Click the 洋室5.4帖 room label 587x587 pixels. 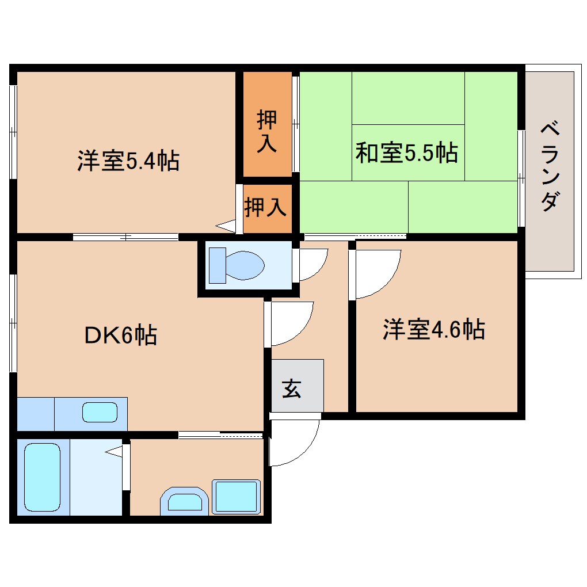pyautogui.click(x=128, y=161)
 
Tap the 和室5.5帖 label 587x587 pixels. pyautogui.click(x=406, y=153)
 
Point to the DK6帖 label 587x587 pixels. pyautogui.click(x=121, y=335)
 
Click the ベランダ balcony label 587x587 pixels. pyautogui.click(x=549, y=167)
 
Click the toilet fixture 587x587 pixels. pyautogui.click(x=236, y=265)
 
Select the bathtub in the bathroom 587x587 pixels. pyautogui.click(x=42, y=477)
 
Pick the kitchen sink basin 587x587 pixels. pyautogui.click(x=100, y=412)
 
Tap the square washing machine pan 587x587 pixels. pyautogui.click(x=236, y=497)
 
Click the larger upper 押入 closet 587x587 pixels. pyautogui.click(x=266, y=124)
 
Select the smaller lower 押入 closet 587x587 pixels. pyautogui.click(x=266, y=207)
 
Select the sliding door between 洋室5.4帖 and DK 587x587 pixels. pyautogui.click(x=125, y=237)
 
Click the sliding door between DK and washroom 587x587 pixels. pyautogui.click(x=220, y=436)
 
